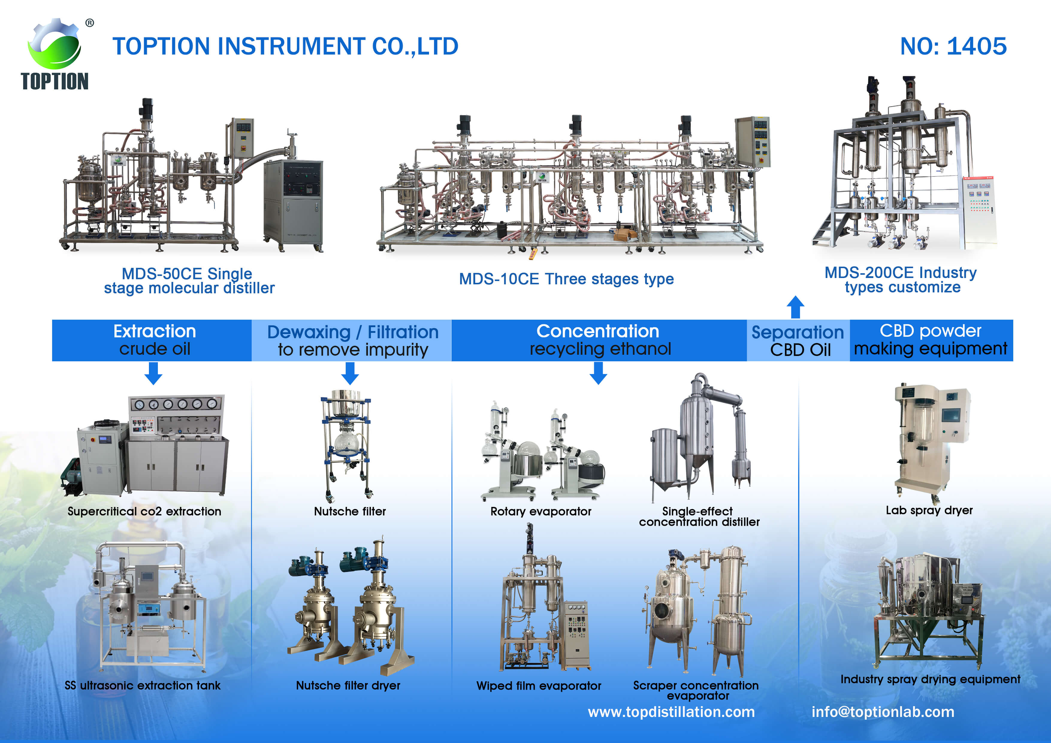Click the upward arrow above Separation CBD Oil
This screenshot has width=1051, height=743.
795,307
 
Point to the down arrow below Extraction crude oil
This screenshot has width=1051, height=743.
153,373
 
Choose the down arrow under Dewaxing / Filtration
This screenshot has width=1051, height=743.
350,373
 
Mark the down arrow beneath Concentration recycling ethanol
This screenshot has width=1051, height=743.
598,373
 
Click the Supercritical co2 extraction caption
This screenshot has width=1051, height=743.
144,511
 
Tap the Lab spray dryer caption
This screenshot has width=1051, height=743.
929,511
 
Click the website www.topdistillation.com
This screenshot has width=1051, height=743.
671,712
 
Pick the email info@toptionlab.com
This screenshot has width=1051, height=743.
883,712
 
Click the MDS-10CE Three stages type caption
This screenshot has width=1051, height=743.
566,279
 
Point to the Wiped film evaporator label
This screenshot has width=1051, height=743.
539,686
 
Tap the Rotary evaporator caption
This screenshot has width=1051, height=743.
540,511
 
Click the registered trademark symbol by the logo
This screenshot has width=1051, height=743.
90,23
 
